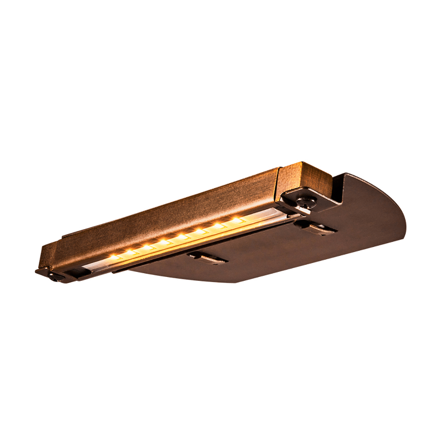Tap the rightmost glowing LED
pos(237,220)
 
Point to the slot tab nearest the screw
pos(316,227)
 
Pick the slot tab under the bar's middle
pos(206,257)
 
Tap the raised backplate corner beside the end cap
pos(340,189)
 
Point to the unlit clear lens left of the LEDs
pos(92,267)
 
